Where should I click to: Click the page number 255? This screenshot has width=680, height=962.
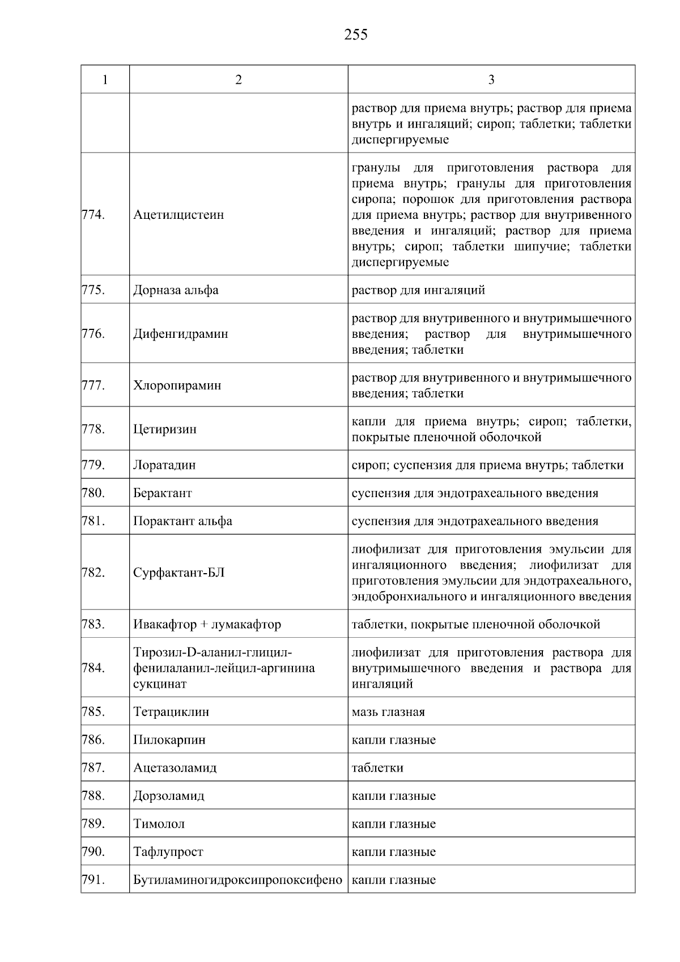[x=355, y=35]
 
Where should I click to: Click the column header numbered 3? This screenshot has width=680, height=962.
[x=491, y=80]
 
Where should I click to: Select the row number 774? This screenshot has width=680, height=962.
[x=93, y=214]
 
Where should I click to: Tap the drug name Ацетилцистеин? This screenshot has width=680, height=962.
[x=178, y=215]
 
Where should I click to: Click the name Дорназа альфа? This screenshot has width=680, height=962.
[x=176, y=290]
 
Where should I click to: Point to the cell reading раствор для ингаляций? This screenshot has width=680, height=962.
[x=418, y=290]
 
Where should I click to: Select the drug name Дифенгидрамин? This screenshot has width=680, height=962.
[x=181, y=334]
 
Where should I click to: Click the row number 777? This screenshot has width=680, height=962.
[x=93, y=385]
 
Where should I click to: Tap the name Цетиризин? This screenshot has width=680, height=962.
[x=165, y=429]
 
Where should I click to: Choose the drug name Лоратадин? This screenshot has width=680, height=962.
[x=164, y=465]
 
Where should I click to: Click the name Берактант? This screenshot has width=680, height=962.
[x=163, y=493]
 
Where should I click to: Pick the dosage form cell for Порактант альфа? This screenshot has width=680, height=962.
[x=475, y=521]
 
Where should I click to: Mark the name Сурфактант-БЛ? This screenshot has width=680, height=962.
[x=179, y=573]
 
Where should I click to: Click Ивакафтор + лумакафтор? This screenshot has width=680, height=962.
[x=207, y=625]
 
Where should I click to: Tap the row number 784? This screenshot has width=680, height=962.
[x=93, y=668]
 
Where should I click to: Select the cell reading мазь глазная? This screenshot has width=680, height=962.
[x=388, y=712]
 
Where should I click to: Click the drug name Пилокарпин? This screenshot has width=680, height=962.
[x=169, y=740]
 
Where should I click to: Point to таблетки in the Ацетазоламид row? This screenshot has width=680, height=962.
[x=377, y=768]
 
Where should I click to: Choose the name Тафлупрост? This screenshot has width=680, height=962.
[x=168, y=852]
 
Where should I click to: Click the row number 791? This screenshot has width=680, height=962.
[x=93, y=880]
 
